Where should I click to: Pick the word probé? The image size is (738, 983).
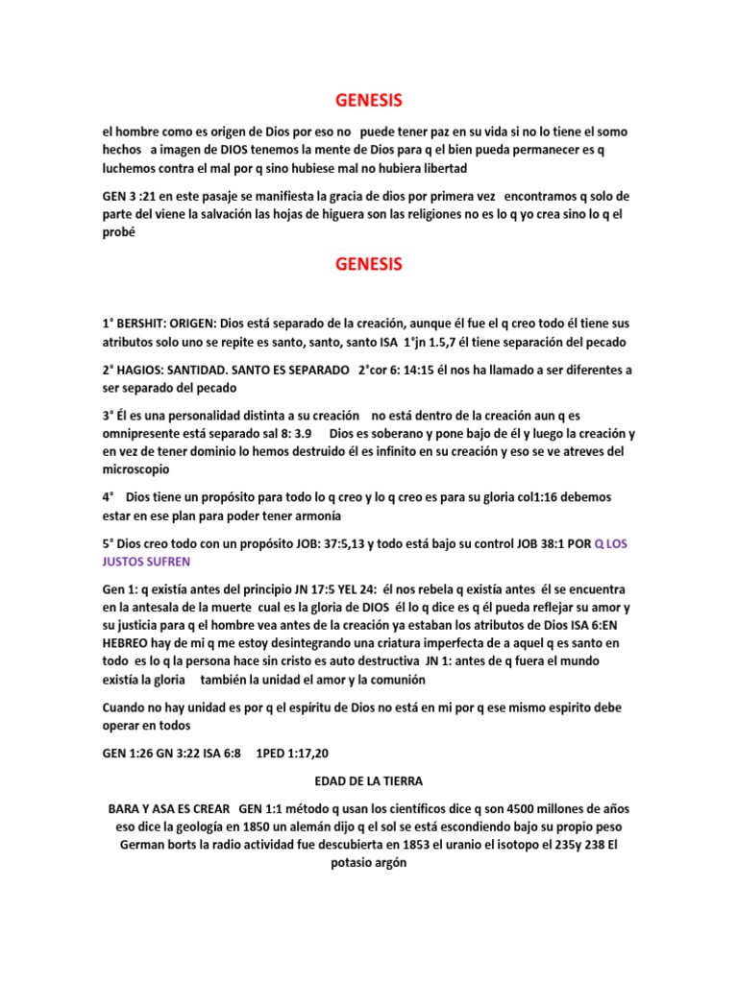119,232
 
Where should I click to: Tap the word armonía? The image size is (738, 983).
315,516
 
